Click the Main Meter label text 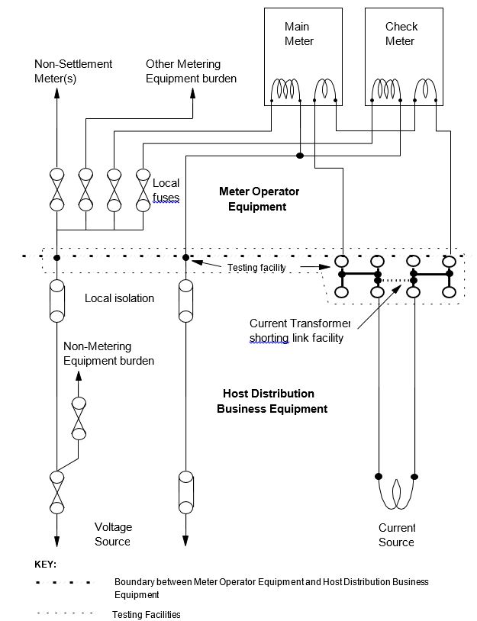click(298, 34)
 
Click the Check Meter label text click(401, 34)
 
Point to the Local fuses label click(166, 190)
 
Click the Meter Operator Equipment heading click(259, 198)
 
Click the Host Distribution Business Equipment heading click(272, 401)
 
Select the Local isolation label click(119, 298)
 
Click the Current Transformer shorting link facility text click(299, 330)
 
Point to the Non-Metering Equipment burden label click(108, 353)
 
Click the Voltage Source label click(112, 534)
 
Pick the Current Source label click(397, 535)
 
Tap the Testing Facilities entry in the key click(146, 614)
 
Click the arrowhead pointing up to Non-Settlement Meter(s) click(56, 94)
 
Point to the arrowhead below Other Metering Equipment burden click(192, 93)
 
